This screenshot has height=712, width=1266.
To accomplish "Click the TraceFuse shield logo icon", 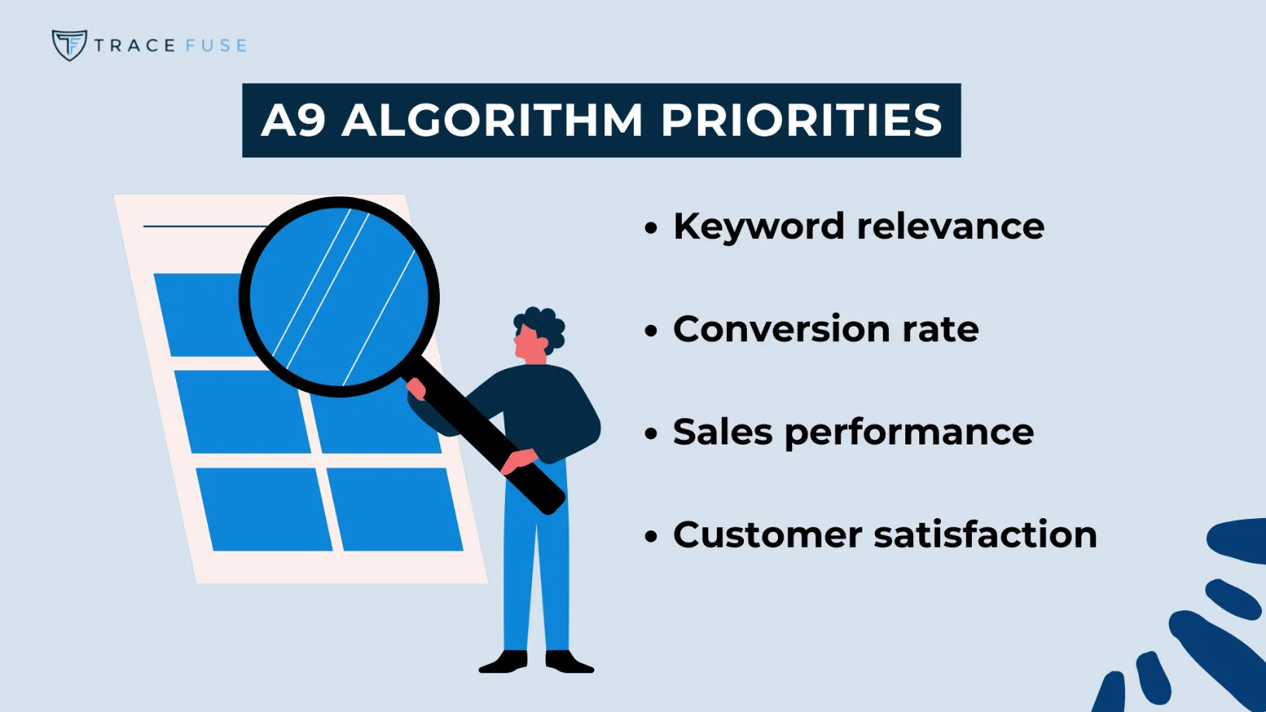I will (69, 45).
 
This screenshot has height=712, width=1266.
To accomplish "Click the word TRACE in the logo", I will (134, 46).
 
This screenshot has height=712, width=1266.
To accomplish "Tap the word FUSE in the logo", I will (216, 46).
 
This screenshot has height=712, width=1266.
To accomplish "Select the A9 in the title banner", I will (292, 121).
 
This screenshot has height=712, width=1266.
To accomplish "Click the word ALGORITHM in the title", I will (493, 121).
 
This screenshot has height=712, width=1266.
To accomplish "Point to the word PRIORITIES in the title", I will (801, 121).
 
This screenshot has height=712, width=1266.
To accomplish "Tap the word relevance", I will (950, 226).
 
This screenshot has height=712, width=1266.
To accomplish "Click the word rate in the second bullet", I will (940, 330).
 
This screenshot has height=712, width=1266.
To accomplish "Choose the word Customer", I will (767, 534).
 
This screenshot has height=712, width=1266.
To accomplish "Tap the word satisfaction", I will (985, 534).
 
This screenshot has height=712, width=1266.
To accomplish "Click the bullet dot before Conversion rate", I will (651, 331).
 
